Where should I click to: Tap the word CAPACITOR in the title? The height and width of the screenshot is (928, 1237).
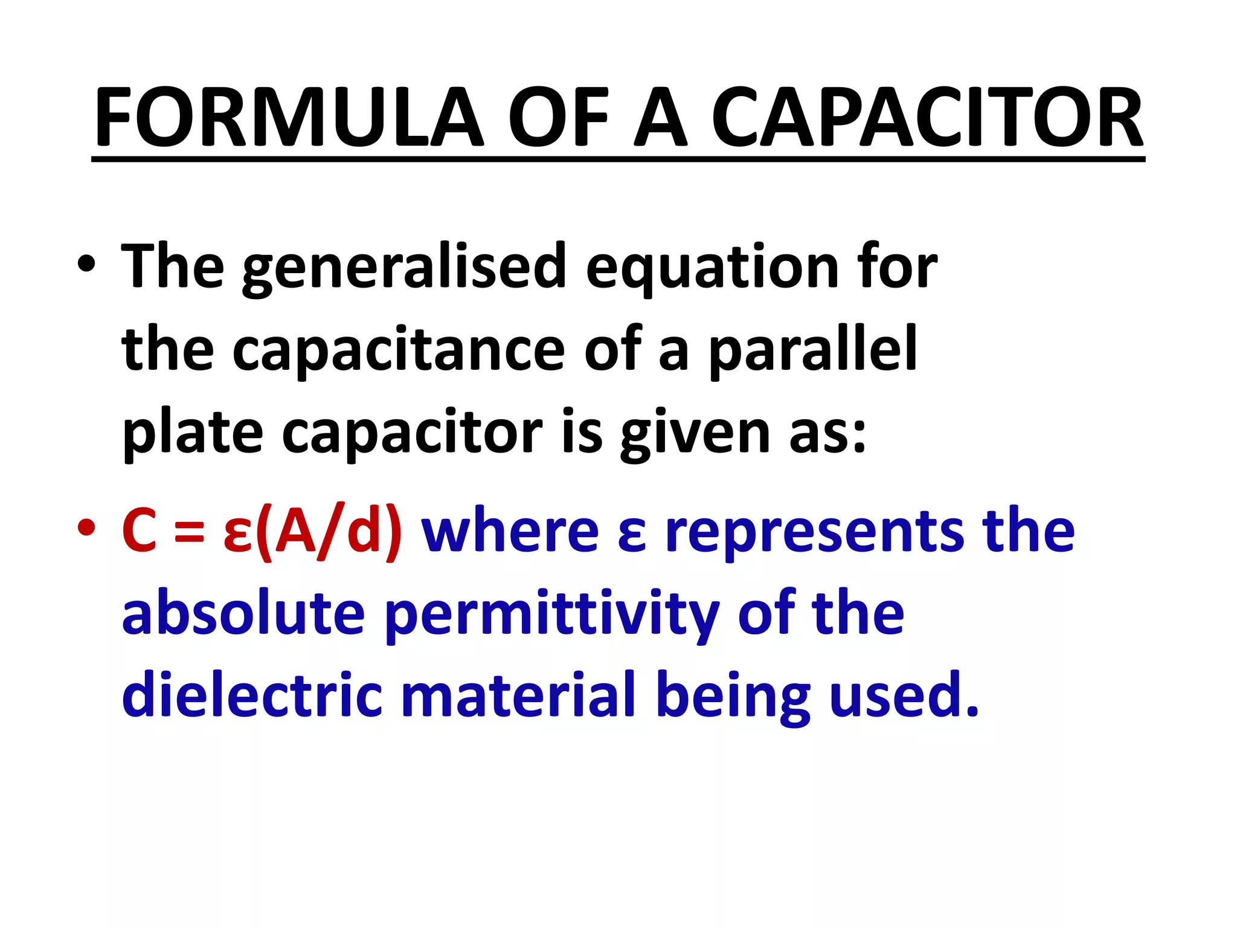point(927,117)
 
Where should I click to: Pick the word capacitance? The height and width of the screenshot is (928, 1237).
point(398,350)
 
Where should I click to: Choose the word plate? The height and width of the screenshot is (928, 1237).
point(192,433)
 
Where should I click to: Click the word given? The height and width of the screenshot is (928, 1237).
point(695,433)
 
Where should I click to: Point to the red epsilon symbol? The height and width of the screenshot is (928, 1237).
point(237,535)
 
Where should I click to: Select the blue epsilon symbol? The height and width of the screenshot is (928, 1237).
point(632,535)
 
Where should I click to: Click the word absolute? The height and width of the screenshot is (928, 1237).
point(243,613)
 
